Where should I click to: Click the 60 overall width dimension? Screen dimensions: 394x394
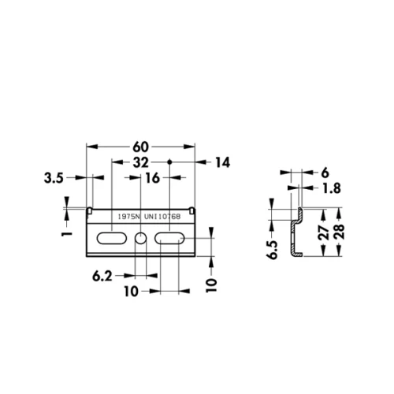[141, 147]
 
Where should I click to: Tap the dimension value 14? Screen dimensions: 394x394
[221, 162]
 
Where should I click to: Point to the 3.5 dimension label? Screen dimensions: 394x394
[54, 178]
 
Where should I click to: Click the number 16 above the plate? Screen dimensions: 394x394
[152, 178]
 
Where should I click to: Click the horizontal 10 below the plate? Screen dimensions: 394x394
[130, 292]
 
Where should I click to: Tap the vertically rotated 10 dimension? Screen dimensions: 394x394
[211, 284]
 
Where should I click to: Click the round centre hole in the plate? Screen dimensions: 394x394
[141, 238]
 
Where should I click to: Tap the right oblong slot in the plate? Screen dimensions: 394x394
[169, 238]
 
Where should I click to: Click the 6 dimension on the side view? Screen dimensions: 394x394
[325, 171]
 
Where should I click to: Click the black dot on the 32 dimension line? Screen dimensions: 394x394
[169, 162]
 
